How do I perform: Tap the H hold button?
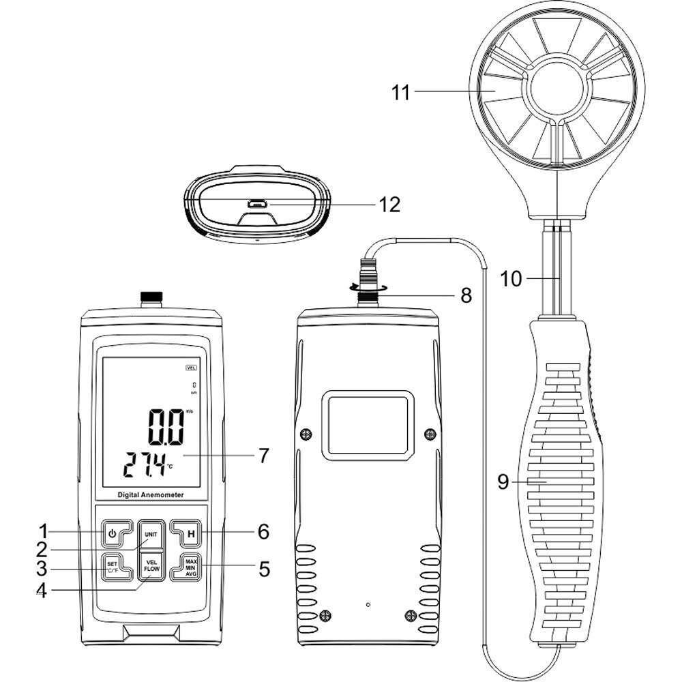click(190, 533)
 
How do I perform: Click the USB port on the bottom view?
click(257, 203)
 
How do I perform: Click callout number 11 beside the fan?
click(401, 91)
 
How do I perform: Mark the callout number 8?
click(464, 296)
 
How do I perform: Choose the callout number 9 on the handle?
click(503, 482)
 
